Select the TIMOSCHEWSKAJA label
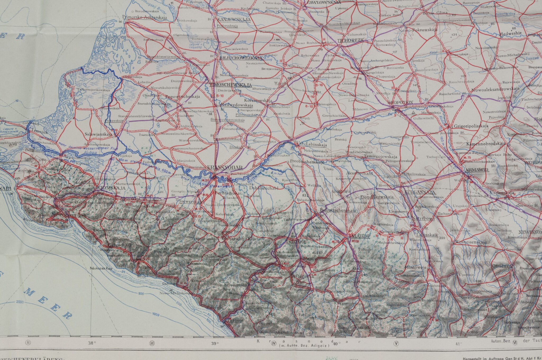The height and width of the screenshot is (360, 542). click(x=230, y=85)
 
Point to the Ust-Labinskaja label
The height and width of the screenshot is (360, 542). click(x=312, y=145)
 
